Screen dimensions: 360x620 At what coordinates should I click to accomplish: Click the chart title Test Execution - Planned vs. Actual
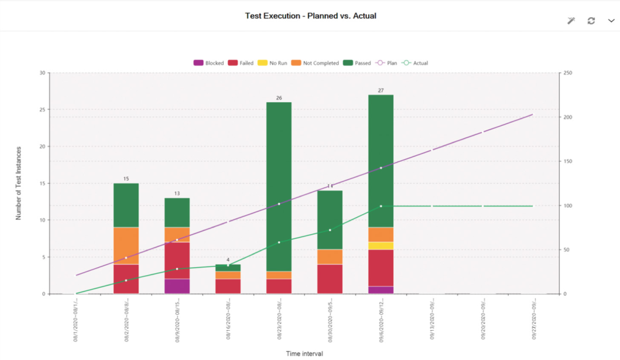pyautogui.click(x=311, y=16)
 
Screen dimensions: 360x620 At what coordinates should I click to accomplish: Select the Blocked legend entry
pyautogui.click(x=209, y=63)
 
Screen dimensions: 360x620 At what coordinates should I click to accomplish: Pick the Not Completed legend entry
pyautogui.click(x=315, y=63)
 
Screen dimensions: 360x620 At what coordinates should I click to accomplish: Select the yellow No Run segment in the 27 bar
pyautogui.click(x=381, y=246)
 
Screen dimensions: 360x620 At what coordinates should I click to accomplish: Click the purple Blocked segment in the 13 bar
pyautogui.click(x=177, y=286)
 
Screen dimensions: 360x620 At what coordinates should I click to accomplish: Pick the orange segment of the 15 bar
pyautogui.click(x=126, y=246)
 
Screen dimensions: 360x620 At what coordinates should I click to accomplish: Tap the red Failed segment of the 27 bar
pyautogui.click(x=381, y=268)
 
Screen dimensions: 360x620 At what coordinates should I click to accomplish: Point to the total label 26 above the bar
pyautogui.click(x=279, y=98)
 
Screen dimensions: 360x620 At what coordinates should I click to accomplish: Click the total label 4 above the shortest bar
pyautogui.click(x=228, y=260)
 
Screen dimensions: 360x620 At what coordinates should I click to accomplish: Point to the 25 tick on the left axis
pyautogui.click(x=42, y=110)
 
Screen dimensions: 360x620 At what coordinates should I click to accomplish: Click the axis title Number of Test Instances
pyautogui.click(x=18, y=183)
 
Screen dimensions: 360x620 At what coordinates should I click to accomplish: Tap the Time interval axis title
pyautogui.click(x=304, y=354)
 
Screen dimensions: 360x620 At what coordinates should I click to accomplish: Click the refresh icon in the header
pyautogui.click(x=591, y=21)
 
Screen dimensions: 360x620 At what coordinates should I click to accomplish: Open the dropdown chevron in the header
pyautogui.click(x=611, y=21)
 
